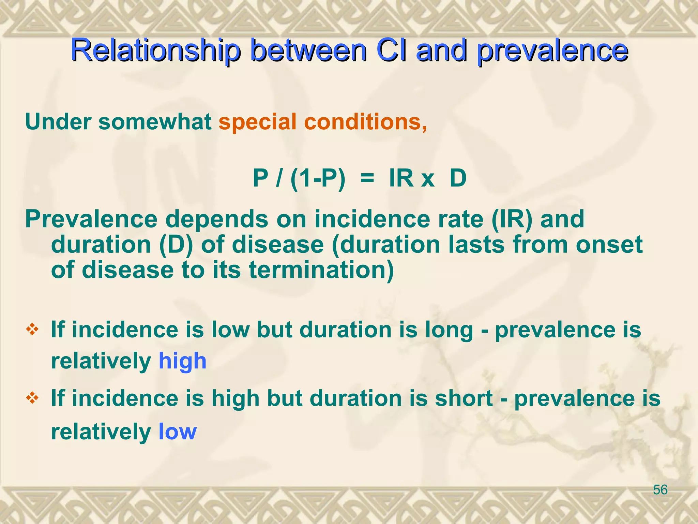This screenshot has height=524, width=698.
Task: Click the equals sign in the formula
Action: coord(367,179)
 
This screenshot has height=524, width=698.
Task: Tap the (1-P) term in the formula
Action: coord(318,179)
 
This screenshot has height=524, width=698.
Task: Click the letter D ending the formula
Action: coord(458,178)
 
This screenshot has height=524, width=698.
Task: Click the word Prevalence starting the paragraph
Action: coord(91,219)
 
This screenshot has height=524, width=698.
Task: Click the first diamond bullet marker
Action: coord(32,330)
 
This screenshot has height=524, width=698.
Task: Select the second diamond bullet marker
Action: coord(32,398)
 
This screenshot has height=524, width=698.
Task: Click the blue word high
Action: coord(182,361)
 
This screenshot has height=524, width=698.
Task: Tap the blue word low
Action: coord(178,432)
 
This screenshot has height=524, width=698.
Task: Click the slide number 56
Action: coord(660,490)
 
